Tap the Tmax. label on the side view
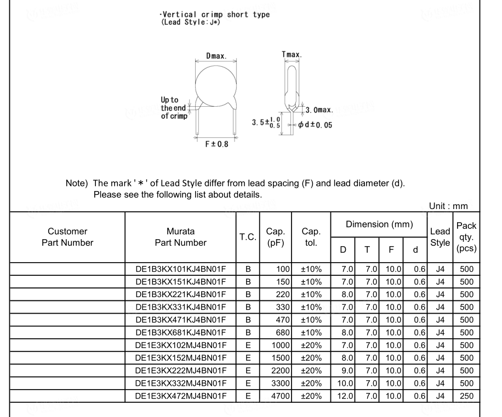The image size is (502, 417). (x=291, y=55)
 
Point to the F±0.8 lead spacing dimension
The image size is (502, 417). (x=216, y=144)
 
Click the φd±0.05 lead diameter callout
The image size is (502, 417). (x=315, y=125)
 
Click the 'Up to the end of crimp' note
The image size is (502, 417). (x=173, y=108)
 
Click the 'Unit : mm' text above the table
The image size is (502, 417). (x=448, y=206)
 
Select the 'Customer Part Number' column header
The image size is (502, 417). (x=67, y=237)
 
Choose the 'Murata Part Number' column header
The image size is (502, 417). (x=180, y=237)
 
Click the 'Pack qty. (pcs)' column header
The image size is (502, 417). (x=466, y=237)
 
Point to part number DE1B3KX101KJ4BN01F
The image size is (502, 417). (x=180, y=269)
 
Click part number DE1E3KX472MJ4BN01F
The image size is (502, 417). (x=180, y=396)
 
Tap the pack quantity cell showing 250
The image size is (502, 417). (x=466, y=396)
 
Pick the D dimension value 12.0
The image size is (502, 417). (x=345, y=396)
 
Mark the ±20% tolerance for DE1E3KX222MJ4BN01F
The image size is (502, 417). (x=311, y=370)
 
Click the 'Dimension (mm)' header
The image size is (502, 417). (x=379, y=224)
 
